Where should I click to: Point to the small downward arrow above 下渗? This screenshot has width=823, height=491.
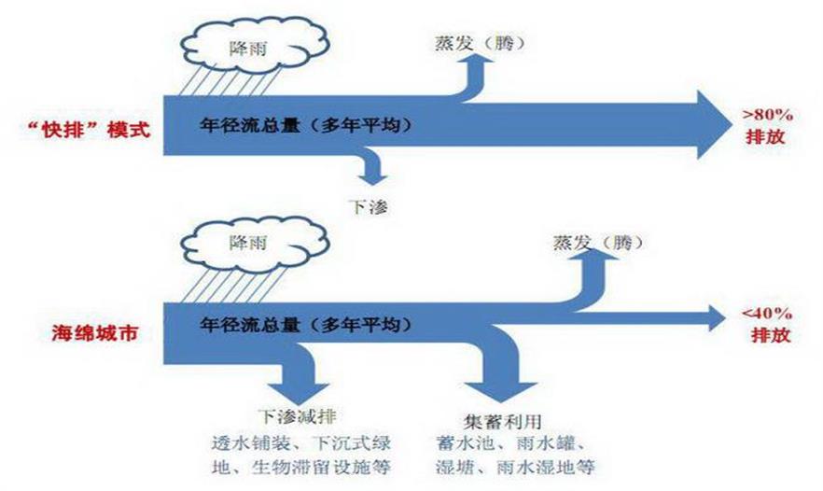[x=371, y=175]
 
